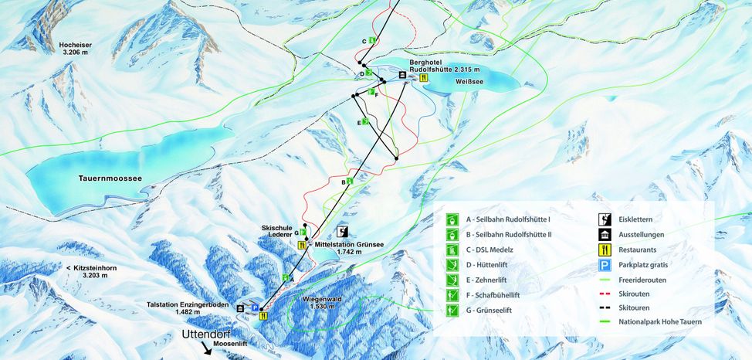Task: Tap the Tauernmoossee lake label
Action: (x=110, y=178)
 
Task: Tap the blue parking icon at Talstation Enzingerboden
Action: (x=253, y=307)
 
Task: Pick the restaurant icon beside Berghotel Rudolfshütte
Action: (x=423, y=77)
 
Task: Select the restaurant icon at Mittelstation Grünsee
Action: (x=302, y=245)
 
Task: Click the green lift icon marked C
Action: (x=372, y=41)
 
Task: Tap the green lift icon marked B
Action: (x=350, y=182)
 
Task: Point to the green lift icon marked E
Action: (x=365, y=122)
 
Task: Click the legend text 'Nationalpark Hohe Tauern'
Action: (x=660, y=321)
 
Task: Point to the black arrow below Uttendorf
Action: (x=207, y=349)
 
